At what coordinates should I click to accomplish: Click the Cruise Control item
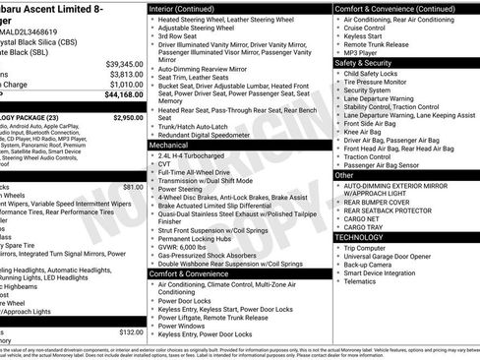point(366,30)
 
